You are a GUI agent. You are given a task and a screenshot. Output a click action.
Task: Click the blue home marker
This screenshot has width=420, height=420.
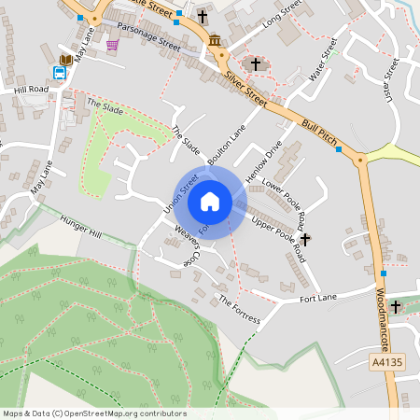click(x=210, y=202)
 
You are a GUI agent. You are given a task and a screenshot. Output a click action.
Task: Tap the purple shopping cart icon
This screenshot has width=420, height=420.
click(x=112, y=45)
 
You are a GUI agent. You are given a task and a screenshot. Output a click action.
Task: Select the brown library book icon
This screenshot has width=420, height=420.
click(x=64, y=60)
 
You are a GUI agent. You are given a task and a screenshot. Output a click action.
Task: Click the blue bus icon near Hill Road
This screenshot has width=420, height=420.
click(x=59, y=73)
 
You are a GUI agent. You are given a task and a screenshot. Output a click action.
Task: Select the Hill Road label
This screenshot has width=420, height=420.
click(x=31, y=90)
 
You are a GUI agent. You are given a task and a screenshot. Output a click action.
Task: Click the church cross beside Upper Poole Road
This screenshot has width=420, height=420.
click(x=304, y=239)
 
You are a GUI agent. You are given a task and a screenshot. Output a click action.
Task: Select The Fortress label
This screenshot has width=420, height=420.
click(x=239, y=311)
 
